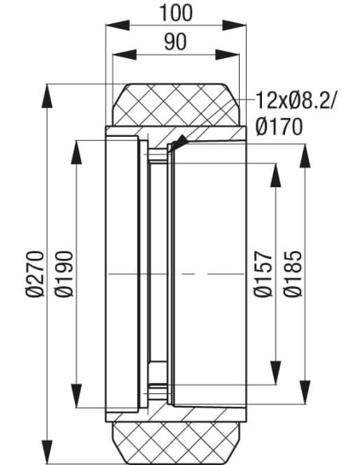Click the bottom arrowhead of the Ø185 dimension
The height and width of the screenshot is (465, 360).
coord(305,394)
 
